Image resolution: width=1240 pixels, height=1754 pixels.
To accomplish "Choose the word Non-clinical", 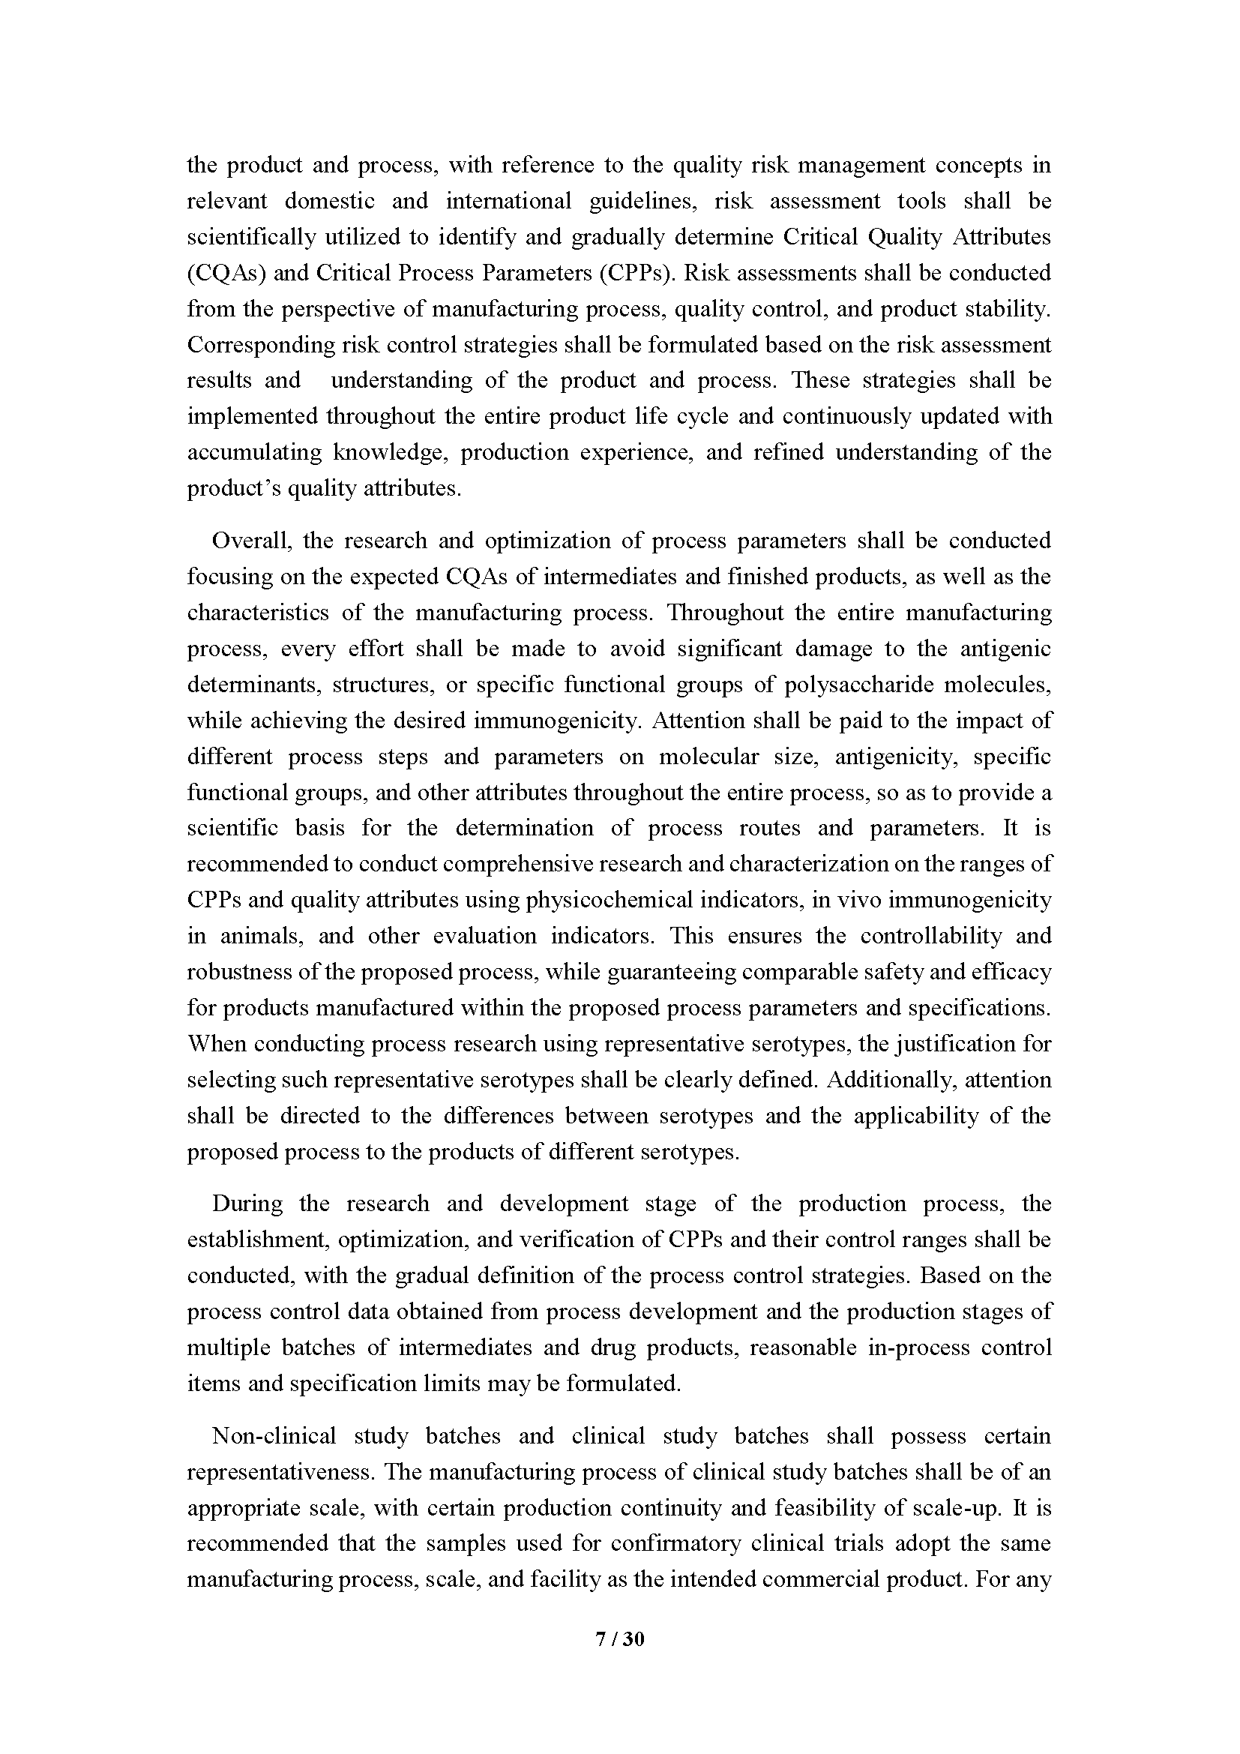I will pos(274,1435).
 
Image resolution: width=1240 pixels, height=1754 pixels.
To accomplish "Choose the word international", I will pos(508,201).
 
